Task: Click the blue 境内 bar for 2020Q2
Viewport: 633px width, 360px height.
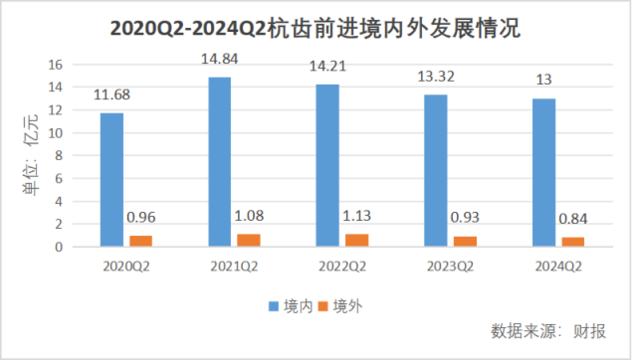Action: point(112,180)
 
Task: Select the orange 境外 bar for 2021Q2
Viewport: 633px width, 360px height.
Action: point(249,240)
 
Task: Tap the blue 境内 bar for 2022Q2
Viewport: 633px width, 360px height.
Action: point(328,165)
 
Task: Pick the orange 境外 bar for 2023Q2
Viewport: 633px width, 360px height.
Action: point(465,241)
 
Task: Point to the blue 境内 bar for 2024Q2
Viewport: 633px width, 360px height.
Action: point(544,172)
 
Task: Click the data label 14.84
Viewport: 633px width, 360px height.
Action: point(220,58)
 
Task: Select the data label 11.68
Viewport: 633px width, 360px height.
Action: point(112,95)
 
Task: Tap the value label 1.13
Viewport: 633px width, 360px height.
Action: point(356,216)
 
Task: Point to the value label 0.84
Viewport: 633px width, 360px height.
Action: point(573,218)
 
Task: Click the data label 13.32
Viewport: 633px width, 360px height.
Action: point(436,76)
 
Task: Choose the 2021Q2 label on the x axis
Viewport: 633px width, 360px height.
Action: point(234,267)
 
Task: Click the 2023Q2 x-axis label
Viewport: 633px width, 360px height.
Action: point(450,267)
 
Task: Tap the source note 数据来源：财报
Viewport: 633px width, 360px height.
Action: point(549,331)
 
